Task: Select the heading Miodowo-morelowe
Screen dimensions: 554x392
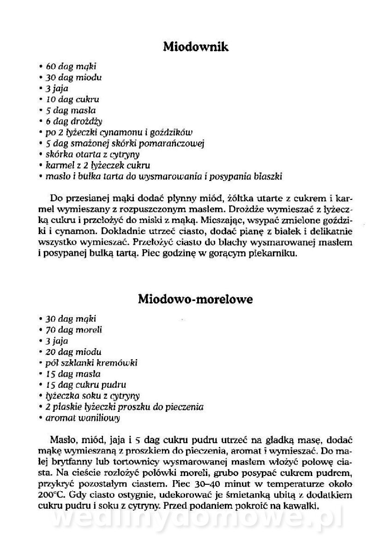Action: (196, 299)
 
